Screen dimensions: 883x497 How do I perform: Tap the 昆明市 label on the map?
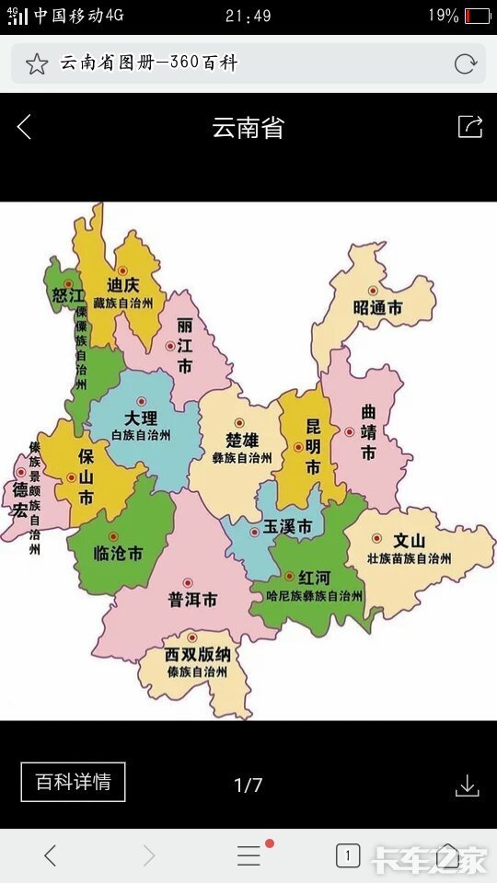(313, 446)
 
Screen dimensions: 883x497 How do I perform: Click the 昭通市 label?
(377, 308)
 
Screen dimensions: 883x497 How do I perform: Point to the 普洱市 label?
(192, 600)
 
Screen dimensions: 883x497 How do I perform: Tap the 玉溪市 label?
(287, 528)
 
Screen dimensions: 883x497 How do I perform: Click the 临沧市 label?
(119, 554)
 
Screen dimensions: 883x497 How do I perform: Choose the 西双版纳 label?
(197, 655)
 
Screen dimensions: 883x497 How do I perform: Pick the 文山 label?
(409, 541)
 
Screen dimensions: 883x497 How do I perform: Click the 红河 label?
(313, 578)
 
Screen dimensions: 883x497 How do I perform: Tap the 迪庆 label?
(122, 284)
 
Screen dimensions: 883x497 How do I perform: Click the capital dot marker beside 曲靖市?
(349, 431)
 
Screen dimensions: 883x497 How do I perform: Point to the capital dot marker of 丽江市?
(169, 347)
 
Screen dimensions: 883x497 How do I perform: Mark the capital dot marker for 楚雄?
(239, 423)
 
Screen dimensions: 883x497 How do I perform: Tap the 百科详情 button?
(73, 782)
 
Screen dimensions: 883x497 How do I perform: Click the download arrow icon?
(468, 785)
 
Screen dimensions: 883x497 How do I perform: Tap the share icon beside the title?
(469, 127)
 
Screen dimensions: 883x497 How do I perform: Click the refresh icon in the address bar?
(465, 63)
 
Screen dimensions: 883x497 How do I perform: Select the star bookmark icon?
(36, 63)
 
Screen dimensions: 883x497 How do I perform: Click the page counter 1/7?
(248, 785)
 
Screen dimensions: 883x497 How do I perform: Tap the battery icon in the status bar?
(477, 16)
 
